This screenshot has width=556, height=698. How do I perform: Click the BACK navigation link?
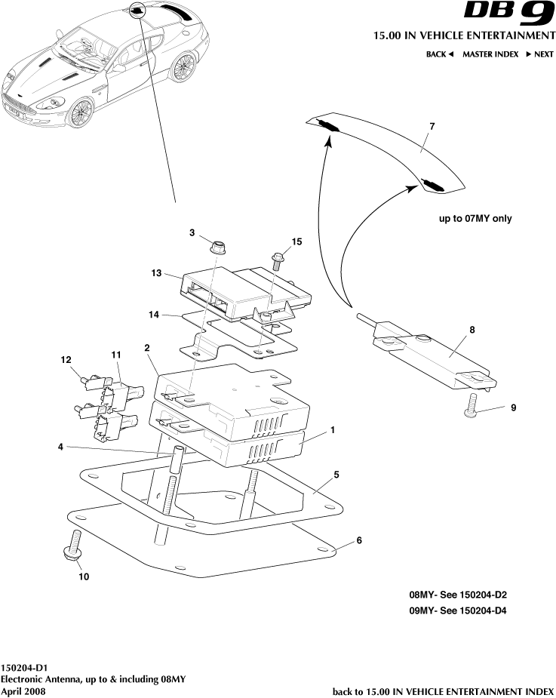coord(439,54)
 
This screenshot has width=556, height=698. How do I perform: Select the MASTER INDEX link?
coord(490,54)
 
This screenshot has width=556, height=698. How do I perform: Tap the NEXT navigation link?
coord(539,54)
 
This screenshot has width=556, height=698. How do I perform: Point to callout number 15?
coord(296,241)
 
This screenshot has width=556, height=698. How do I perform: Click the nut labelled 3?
coord(216,245)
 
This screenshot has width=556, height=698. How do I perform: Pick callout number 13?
coord(157,274)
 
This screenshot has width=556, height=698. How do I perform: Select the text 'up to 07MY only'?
coord(475,219)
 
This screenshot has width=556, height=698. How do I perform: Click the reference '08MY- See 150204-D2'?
coord(457,595)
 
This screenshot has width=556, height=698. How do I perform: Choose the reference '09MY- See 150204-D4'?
coord(457,610)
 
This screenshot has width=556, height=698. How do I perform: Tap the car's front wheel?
coord(79,113)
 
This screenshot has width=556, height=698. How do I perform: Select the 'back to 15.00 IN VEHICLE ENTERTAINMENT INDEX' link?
coord(443,691)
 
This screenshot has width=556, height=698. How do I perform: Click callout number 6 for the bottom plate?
coord(359,541)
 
